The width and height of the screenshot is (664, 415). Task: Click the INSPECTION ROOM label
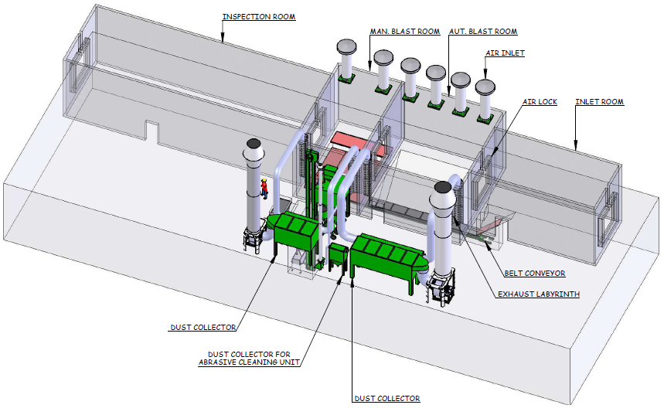tap(259, 17)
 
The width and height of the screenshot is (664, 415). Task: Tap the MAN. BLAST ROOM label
tap(405, 32)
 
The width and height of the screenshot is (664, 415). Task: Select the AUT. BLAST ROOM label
tap(483, 32)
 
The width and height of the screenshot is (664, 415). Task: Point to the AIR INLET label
tap(506, 53)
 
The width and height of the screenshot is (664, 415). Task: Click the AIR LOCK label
tap(540, 102)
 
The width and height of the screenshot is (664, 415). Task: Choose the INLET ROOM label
tap(600, 102)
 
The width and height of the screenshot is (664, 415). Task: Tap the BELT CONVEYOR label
tap(535, 273)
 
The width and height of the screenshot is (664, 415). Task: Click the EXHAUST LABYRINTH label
tap(539, 294)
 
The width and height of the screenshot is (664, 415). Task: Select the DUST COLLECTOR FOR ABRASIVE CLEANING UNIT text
tap(250, 359)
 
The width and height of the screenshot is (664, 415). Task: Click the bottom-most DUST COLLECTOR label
tap(387, 399)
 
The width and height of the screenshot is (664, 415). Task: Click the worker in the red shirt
tap(264, 189)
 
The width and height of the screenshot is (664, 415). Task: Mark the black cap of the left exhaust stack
tap(254, 144)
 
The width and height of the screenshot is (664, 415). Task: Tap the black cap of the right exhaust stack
tap(442, 187)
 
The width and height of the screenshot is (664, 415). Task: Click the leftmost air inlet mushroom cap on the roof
tap(346, 46)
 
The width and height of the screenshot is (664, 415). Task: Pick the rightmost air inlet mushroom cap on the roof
tap(485, 87)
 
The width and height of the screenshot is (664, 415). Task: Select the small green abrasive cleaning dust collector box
tap(339, 257)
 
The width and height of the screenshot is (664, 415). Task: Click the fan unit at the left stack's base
tap(253, 240)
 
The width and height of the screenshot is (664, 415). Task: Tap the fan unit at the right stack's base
tap(441, 289)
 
